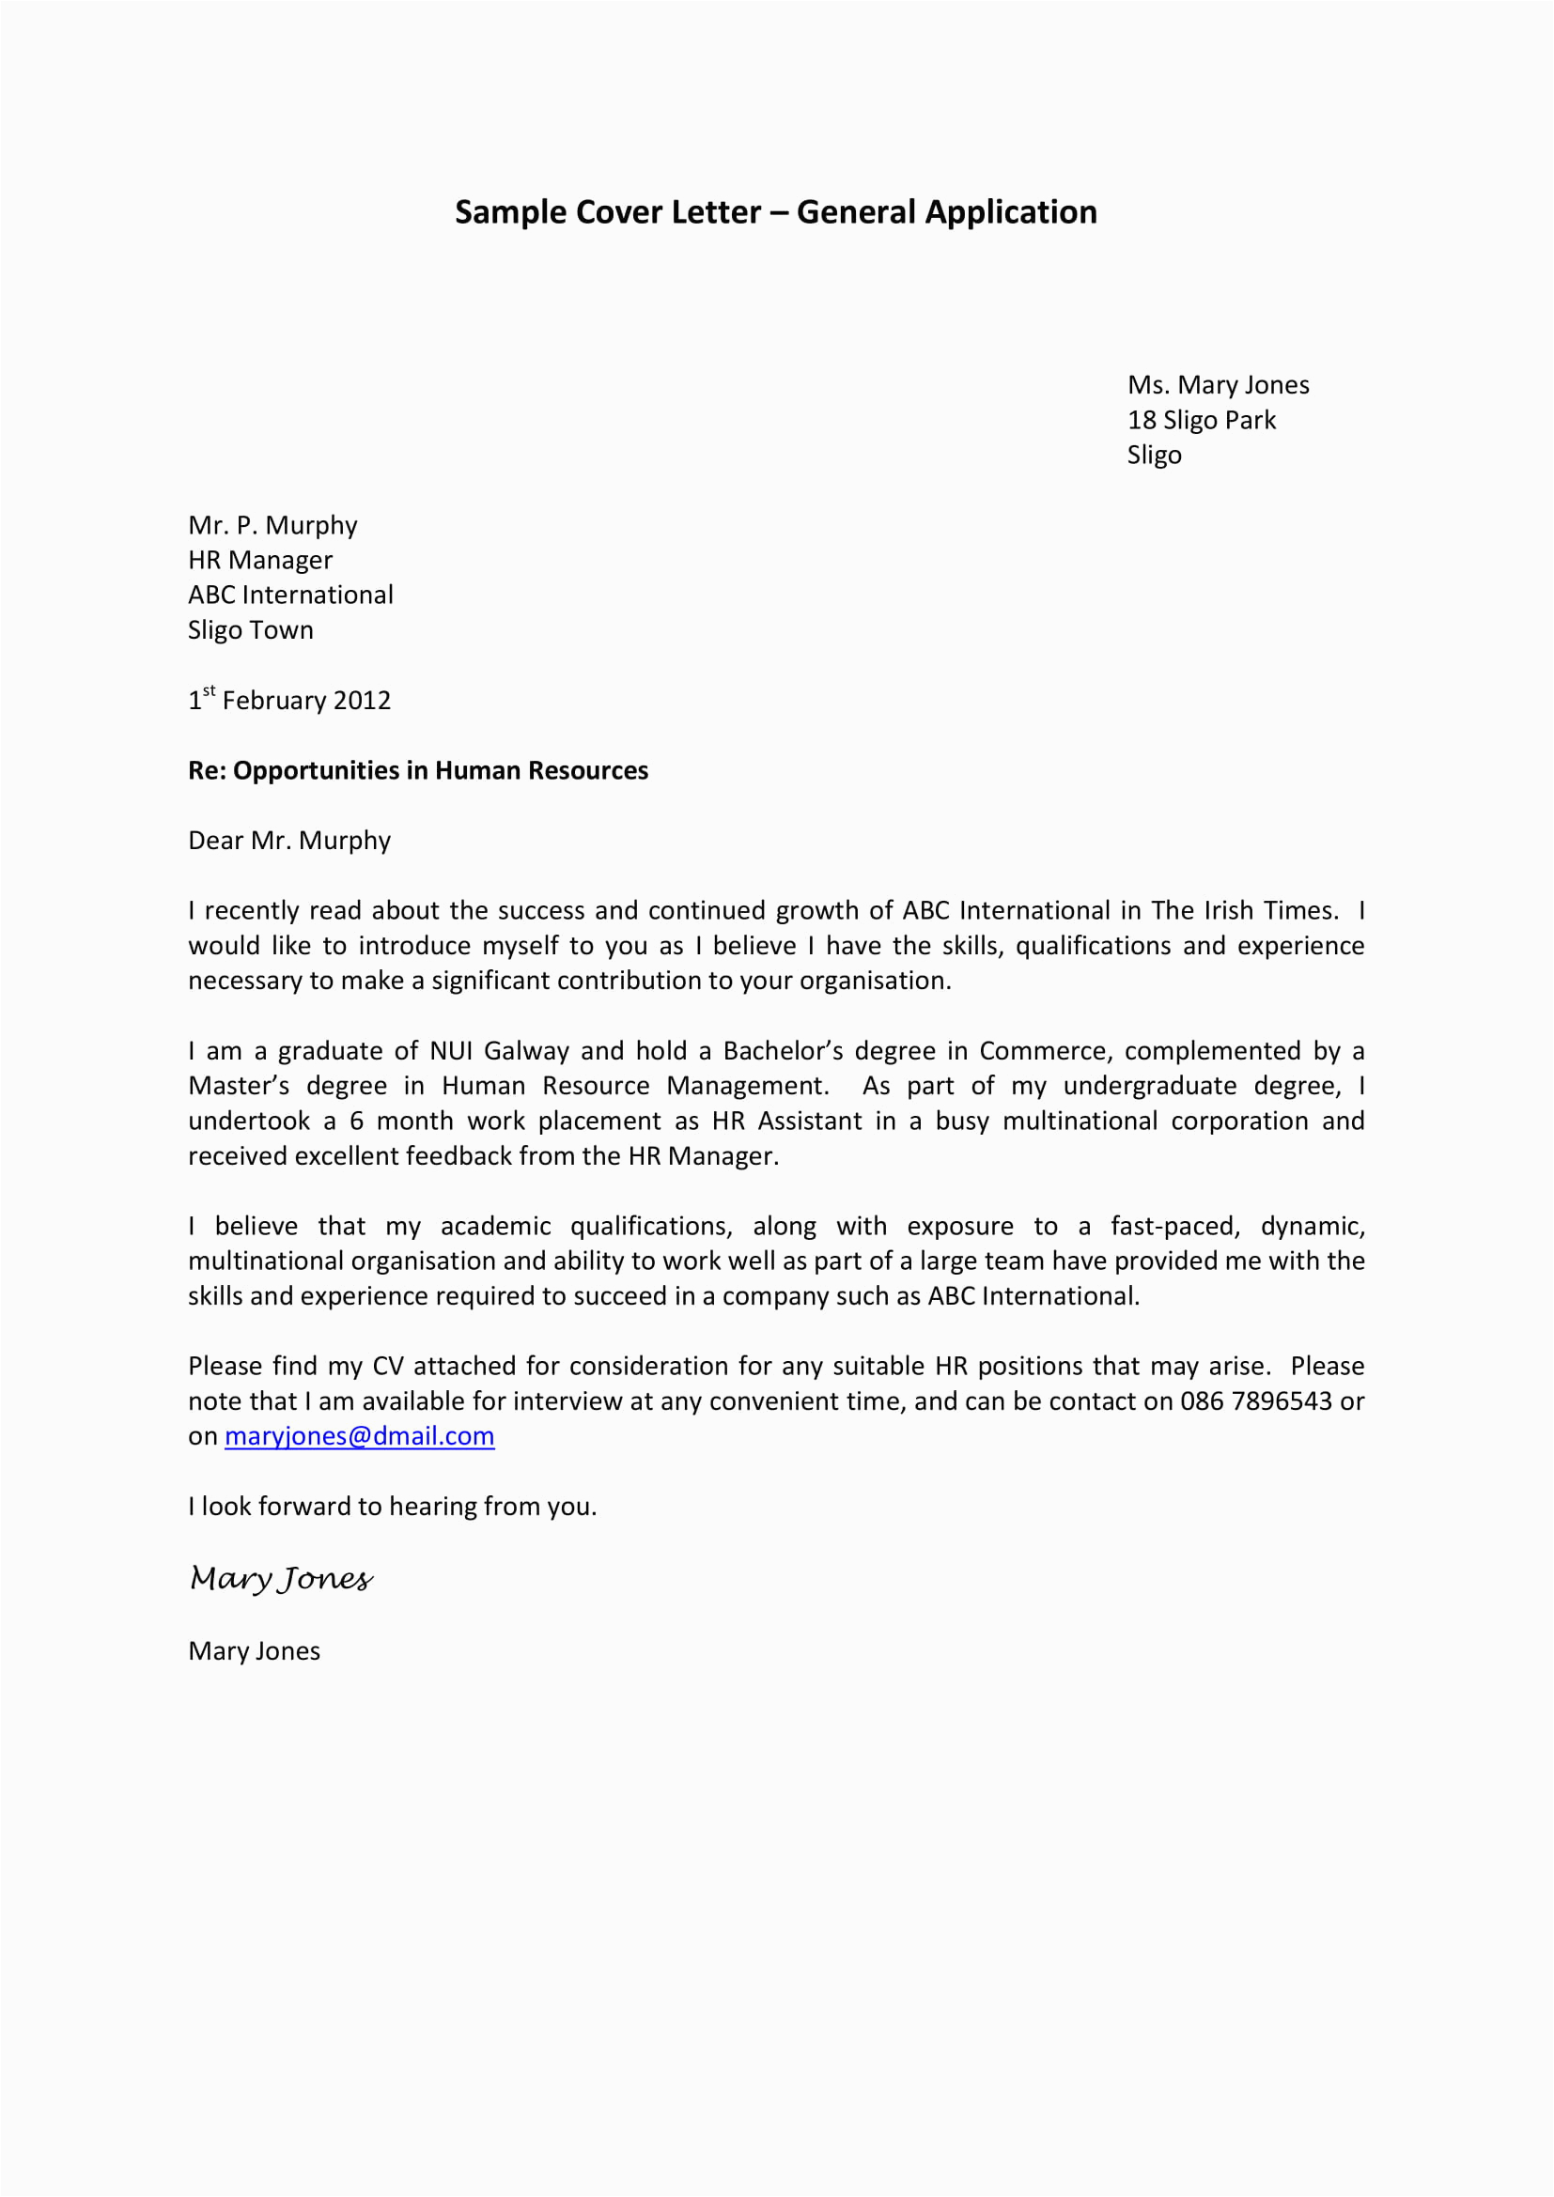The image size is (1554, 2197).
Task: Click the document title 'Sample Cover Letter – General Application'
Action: pos(775,212)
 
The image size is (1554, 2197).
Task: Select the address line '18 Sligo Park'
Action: pos(1201,420)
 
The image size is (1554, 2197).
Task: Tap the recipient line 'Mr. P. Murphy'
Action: pos(272,525)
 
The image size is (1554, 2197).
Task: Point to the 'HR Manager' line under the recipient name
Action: pos(260,560)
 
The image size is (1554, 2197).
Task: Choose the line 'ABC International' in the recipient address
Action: pos(290,596)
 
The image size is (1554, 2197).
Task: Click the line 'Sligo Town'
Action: pos(251,630)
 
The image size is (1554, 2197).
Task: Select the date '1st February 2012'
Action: pos(290,701)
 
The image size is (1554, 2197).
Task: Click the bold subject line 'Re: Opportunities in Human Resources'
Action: pos(418,770)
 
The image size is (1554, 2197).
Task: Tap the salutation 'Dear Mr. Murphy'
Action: pos(289,840)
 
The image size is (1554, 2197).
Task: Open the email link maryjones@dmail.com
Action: pos(359,1436)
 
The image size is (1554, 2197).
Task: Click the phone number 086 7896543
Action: pos(1255,1400)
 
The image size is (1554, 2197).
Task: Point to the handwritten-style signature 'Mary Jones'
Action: pos(280,1578)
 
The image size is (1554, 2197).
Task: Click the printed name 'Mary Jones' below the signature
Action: pos(254,1650)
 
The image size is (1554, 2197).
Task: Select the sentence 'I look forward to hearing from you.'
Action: pos(393,1506)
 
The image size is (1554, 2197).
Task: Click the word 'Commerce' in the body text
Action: pos(1043,1051)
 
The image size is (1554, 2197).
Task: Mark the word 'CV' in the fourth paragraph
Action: pos(387,1367)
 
